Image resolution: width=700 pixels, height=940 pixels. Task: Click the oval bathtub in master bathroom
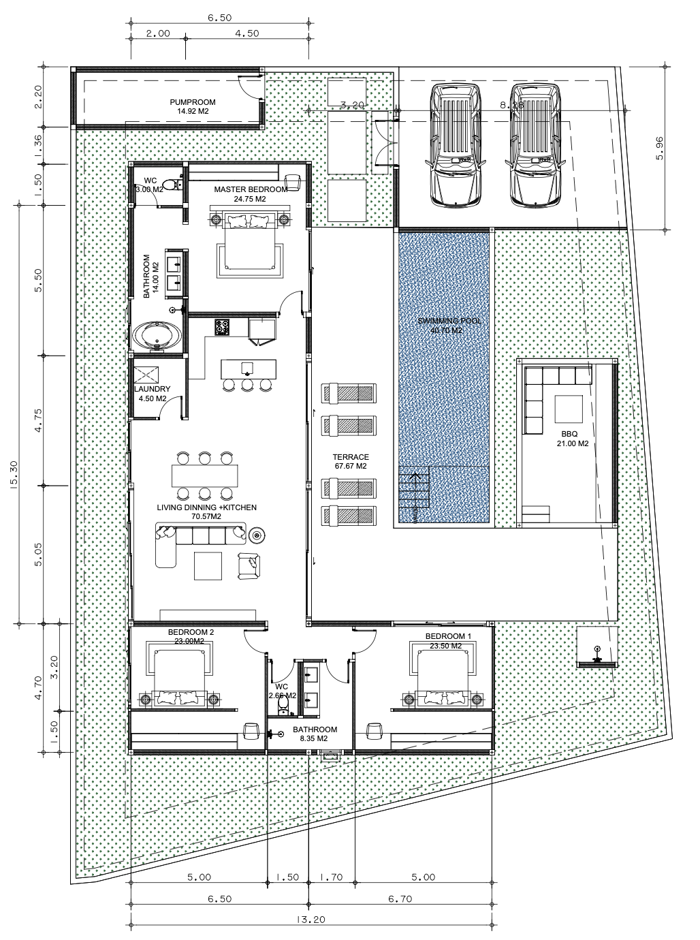[157, 336]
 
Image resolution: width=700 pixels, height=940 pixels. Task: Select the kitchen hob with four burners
[222, 327]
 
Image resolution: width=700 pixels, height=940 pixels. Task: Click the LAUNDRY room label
[152, 394]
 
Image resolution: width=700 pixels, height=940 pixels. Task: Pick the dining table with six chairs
[204, 474]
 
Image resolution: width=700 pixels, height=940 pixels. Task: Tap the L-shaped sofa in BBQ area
[545, 395]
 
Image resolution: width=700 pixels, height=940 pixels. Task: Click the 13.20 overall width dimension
[310, 919]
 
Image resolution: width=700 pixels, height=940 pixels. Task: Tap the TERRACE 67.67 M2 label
[351, 462]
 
